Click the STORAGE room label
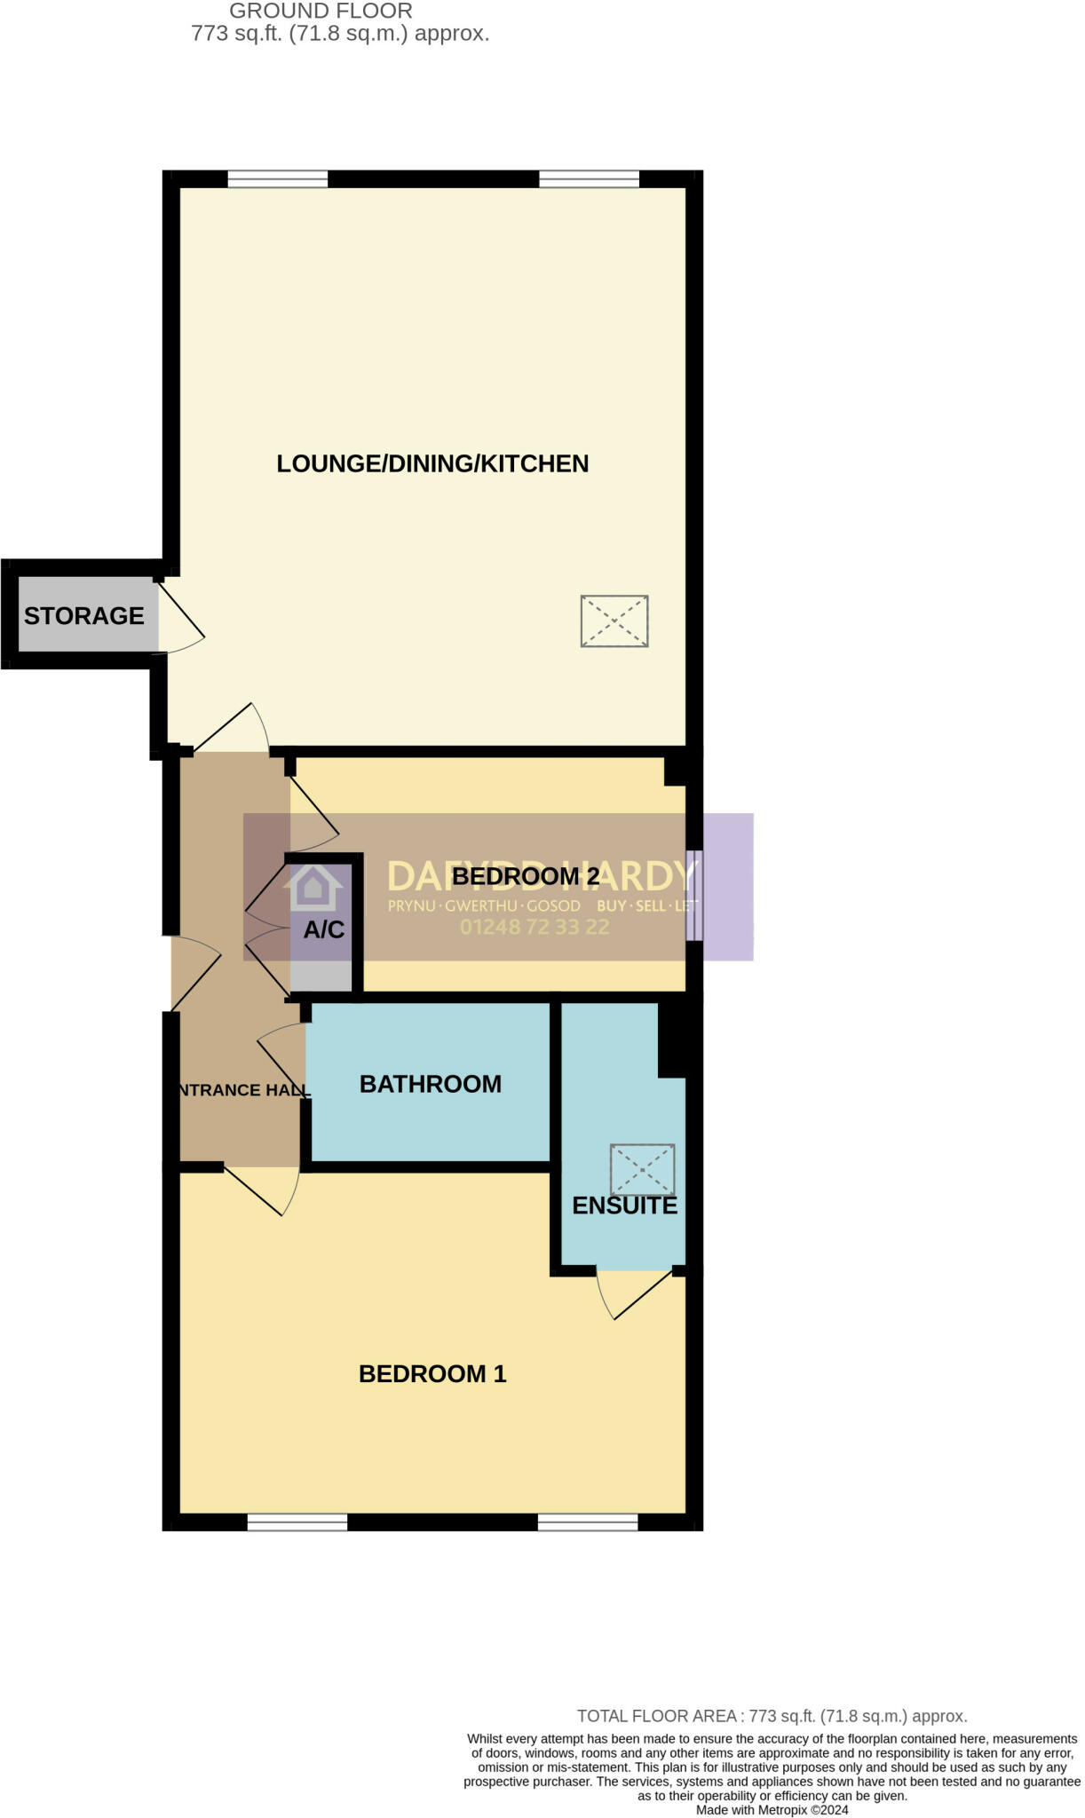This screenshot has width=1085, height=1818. coord(83,615)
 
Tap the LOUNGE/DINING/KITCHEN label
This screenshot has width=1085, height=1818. coord(432,463)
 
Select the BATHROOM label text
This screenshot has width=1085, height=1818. coord(430,1084)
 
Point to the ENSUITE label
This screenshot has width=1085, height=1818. coord(624,1205)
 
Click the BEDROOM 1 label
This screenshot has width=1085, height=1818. coord(432,1374)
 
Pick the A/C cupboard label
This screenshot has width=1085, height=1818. coord(324,929)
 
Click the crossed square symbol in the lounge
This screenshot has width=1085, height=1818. coord(614,621)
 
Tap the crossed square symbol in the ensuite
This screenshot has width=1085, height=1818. coord(642,1170)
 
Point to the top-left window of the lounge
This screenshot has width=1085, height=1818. coord(278,179)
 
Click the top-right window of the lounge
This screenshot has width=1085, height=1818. coord(589,179)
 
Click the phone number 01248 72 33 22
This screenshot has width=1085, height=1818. coord(535,927)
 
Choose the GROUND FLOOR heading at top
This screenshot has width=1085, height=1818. coord(321,12)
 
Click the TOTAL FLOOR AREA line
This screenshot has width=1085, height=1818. coord(772,1716)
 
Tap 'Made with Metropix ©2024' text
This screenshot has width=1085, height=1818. coord(772,1810)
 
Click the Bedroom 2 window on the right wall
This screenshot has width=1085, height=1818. coord(694,896)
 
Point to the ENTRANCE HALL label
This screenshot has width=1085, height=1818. coord(242,1090)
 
